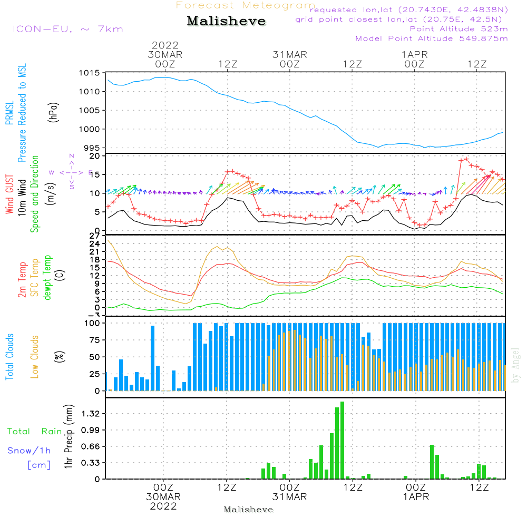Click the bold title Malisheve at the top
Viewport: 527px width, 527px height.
click(x=226, y=22)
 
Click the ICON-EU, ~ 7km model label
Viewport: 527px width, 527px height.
click(x=67, y=29)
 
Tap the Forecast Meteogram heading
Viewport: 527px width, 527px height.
click(x=246, y=5)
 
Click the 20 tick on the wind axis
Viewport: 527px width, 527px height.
click(x=94, y=156)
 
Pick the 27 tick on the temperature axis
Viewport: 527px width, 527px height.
click(x=94, y=236)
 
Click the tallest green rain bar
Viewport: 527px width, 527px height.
click(x=343, y=440)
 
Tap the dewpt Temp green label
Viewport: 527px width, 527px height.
click(x=47, y=278)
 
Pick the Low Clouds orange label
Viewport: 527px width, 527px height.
click(x=35, y=357)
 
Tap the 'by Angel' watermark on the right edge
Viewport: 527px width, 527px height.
click(x=515, y=365)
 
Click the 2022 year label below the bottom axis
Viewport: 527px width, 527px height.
click(x=163, y=506)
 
